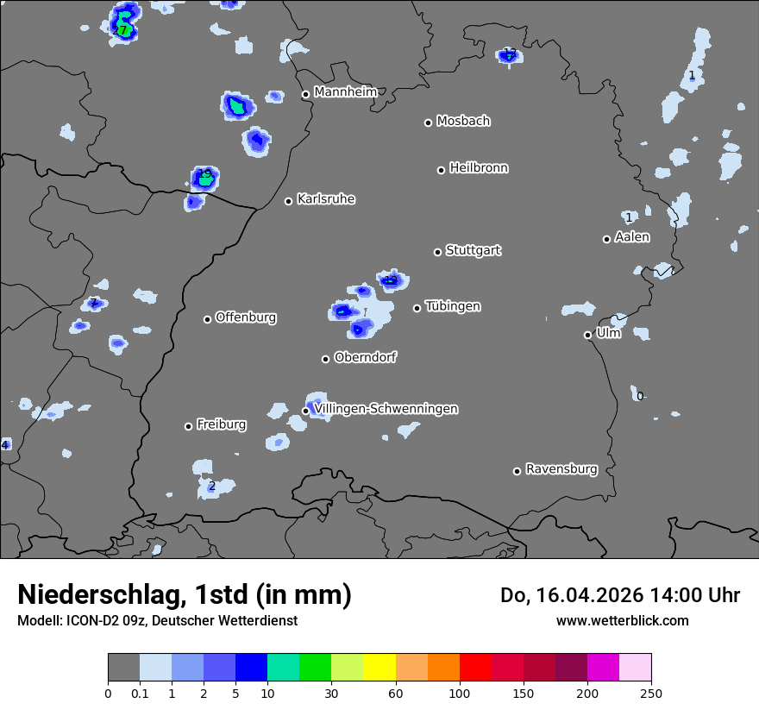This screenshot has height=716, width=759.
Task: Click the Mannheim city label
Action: (x=346, y=91)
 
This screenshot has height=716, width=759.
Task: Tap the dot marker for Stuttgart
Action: (x=437, y=252)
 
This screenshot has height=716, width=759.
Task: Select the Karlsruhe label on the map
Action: (x=326, y=199)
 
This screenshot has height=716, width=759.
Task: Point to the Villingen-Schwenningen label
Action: (x=386, y=409)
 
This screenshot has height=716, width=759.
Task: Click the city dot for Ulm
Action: (x=587, y=335)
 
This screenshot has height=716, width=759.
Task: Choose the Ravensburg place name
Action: (x=561, y=469)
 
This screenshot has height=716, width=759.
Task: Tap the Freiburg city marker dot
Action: (x=188, y=426)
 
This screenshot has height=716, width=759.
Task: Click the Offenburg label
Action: (x=246, y=317)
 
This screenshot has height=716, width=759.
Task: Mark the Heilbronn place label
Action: (x=479, y=168)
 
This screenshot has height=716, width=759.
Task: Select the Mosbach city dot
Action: (x=428, y=122)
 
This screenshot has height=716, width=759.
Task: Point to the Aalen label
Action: (x=632, y=237)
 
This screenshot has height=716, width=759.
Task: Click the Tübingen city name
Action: (x=453, y=306)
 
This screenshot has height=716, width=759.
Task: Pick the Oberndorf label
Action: (x=366, y=357)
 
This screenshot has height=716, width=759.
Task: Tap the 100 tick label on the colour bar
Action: (x=459, y=694)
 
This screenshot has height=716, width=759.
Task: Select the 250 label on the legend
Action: (x=651, y=694)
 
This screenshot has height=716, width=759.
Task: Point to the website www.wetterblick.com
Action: (x=622, y=620)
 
